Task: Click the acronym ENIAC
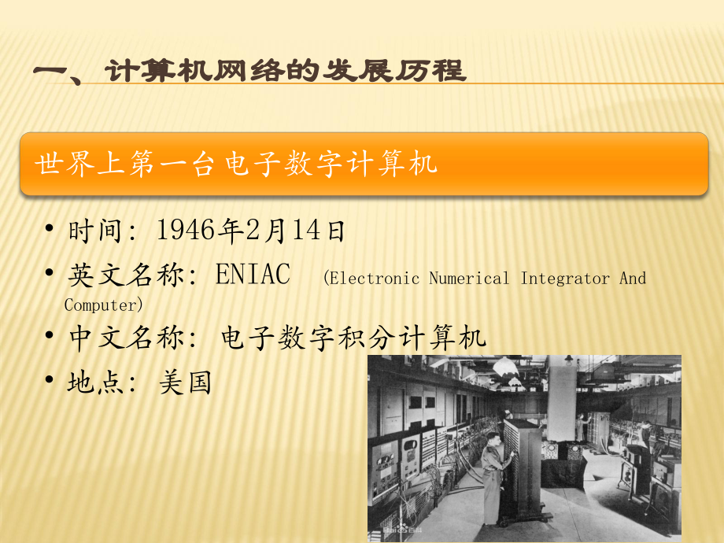[253, 274]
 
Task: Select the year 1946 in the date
[186, 230]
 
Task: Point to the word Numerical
[469, 279]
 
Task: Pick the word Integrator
[565, 279]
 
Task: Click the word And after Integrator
[633, 279]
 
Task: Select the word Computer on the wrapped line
[100, 305]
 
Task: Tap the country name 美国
[185, 382]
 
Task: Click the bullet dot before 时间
[49, 228]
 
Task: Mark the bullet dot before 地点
[49, 380]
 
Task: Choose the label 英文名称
[126, 275]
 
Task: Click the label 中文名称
[126, 337]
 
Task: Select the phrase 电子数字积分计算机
[353, 337]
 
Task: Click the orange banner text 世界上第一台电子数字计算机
[236, 164]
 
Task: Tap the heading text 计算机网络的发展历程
[285, 71]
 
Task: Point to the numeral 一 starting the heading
[50, 72]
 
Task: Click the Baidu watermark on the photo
[401, 530]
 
